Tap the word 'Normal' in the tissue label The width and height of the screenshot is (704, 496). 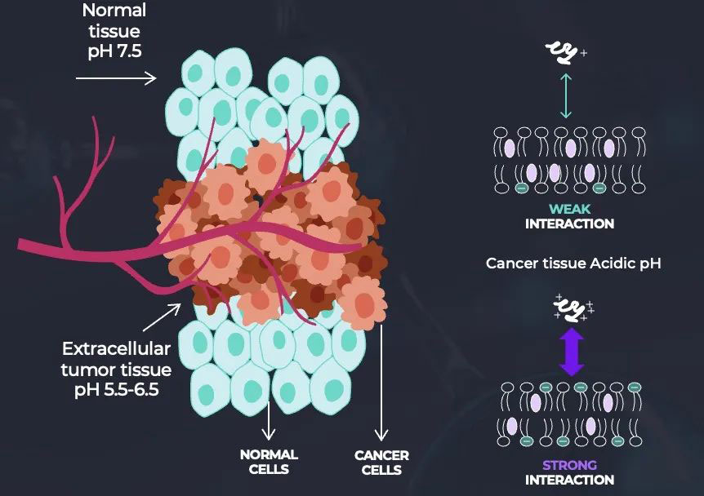pyautogui.click(x=114, y=11)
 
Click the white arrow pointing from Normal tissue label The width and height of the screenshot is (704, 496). pyautogui.click(x=115, y=78)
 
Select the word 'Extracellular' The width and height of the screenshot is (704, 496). pyautogui.click(x=117, y=349)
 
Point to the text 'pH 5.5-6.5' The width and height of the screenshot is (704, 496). pyautogui.click(x=115, y=389)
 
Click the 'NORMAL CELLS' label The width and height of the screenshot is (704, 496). pyautogui.click(x=269, y=461)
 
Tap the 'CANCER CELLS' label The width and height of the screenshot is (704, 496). pyautogui.click(x=381, y=462)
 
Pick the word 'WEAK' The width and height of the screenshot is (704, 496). pyautogui.click(x=569, y=209)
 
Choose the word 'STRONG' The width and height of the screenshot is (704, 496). pyautogui.click(x=569, y=466)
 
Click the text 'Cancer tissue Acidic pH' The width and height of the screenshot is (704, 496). pyautogui.click(x=572, y=263)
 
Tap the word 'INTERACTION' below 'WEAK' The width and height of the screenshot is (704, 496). pyautogui.click(x=569, y=224)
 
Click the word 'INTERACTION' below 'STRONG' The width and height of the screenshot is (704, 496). pyautogui.click(x=569, y=480)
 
